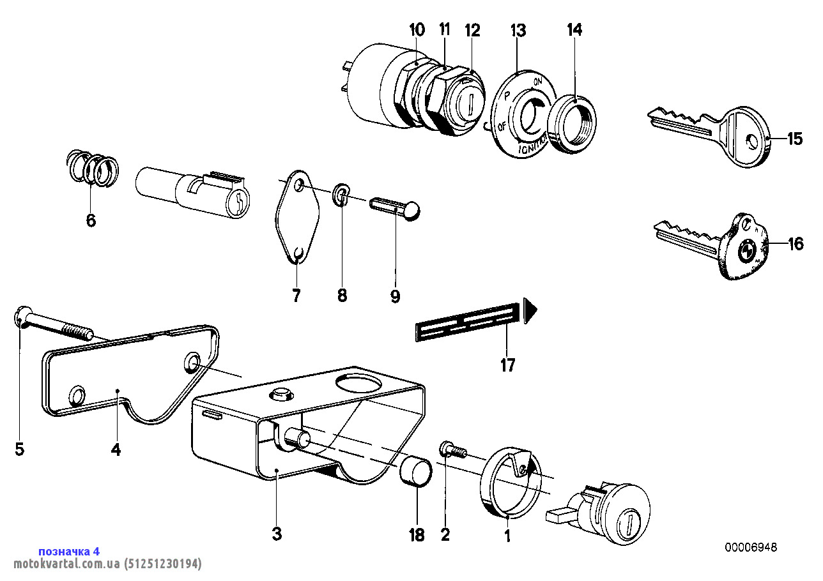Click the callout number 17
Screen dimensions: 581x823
(x=507, y=365)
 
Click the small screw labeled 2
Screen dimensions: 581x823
(x=451, y=451)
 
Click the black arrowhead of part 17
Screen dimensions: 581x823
(x=530, y=311)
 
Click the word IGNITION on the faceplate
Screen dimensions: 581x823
(x=532, y=146)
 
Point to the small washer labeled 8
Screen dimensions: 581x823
(x=341, y=195)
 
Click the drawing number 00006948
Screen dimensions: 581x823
(x=751, y=547)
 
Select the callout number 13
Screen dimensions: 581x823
(x=518, y=29)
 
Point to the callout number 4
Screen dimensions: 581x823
(x=116, y=449)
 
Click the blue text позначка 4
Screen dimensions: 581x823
(x=69, y=551)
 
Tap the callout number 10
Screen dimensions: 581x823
(x=417, y=29)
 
